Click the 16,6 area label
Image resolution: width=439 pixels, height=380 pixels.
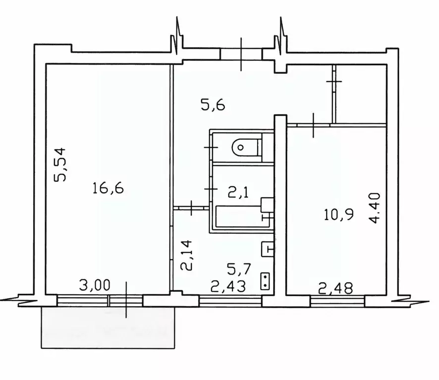[108, 188]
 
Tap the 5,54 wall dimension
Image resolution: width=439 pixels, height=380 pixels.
[60, 164]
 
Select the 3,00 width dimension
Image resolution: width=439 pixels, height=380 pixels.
[95, 285]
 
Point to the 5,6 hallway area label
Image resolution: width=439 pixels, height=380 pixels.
[213, 106]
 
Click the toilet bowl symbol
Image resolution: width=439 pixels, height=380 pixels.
[244, 147]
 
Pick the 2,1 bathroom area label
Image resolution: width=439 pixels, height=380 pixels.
[238, 192]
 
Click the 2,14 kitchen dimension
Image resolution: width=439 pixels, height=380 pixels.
[186, 255]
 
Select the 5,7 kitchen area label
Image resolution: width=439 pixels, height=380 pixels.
[239, 269]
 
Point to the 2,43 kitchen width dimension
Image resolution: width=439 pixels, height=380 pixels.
[228, 286]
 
